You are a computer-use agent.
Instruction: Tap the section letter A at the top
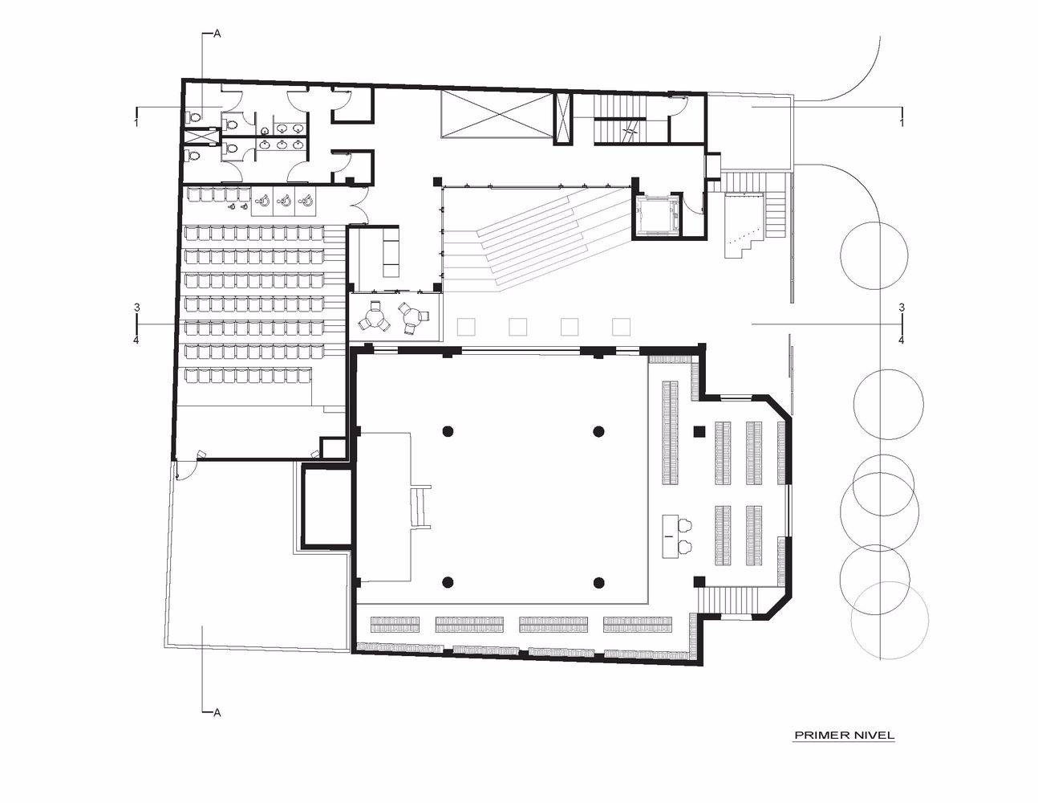217,35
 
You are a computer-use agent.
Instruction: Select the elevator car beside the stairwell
656,214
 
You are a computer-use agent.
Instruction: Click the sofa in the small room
391,252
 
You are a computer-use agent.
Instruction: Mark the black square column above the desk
699,432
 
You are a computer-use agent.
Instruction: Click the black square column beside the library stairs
699,581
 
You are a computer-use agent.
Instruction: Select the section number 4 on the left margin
136,340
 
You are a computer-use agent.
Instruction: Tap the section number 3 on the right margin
902,308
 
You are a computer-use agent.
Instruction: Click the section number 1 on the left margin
136,123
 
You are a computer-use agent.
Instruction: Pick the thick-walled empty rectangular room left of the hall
328,508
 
